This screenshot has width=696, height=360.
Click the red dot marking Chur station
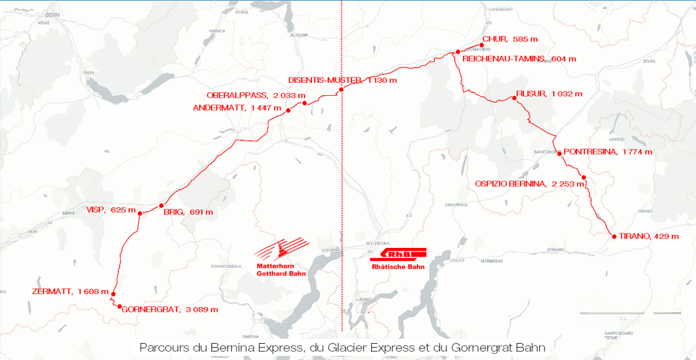point(481,46)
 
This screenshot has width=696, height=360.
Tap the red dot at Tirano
point(614,236)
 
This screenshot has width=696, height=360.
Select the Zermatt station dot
point(114,293)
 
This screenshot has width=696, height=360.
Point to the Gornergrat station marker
point(120,307)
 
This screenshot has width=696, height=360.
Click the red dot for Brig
point(161,205)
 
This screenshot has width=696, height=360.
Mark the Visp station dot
point(140,214)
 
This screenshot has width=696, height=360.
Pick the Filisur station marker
point(515,98)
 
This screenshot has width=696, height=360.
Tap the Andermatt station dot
point(288,110)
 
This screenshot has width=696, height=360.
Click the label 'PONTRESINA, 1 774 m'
point(608,151)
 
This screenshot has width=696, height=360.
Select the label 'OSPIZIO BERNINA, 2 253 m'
point(530,183)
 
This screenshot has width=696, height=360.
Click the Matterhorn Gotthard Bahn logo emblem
point(285,249)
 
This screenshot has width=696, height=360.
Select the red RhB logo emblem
point(398,255)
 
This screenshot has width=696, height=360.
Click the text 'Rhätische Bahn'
point(398,268)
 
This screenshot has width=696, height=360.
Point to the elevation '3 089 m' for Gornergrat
point(202,310)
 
